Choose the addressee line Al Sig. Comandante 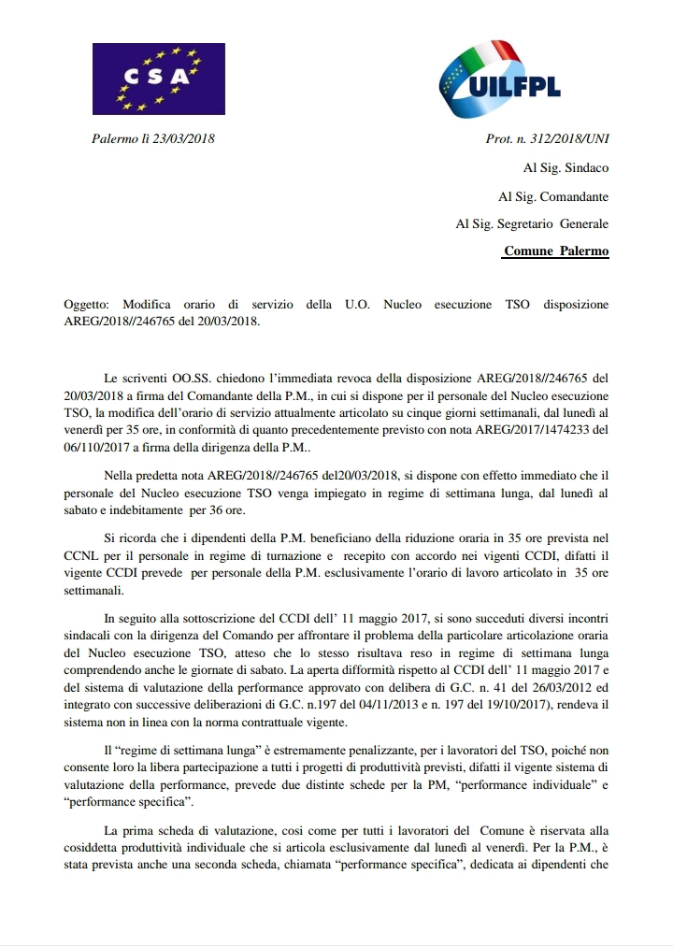553,196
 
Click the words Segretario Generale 561,224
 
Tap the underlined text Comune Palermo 556,251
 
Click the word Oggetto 85,305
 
